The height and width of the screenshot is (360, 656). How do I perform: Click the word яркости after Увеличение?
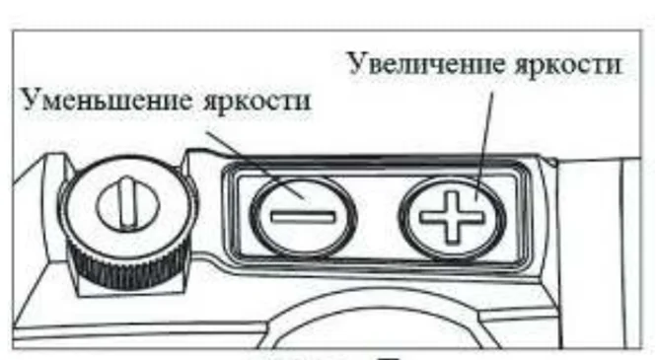point(568,66)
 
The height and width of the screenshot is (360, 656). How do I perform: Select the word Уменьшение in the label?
point(107,101)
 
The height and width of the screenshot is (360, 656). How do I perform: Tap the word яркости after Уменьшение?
point(256,103)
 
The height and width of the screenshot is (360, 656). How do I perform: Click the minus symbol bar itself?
point(303,217)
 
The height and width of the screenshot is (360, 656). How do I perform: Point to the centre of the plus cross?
point(452,217)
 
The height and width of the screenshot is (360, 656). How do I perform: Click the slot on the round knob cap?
point(127,203)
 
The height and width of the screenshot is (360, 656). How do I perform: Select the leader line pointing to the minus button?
point(256,165)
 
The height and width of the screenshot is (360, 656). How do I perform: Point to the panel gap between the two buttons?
point(378,217)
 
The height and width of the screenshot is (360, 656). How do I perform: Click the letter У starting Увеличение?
point(356,64)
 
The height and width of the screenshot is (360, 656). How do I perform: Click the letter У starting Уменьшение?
point(31,101)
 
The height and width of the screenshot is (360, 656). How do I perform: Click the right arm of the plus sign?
point(473,217)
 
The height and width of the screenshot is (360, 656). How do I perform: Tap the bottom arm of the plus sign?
point(452,234)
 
